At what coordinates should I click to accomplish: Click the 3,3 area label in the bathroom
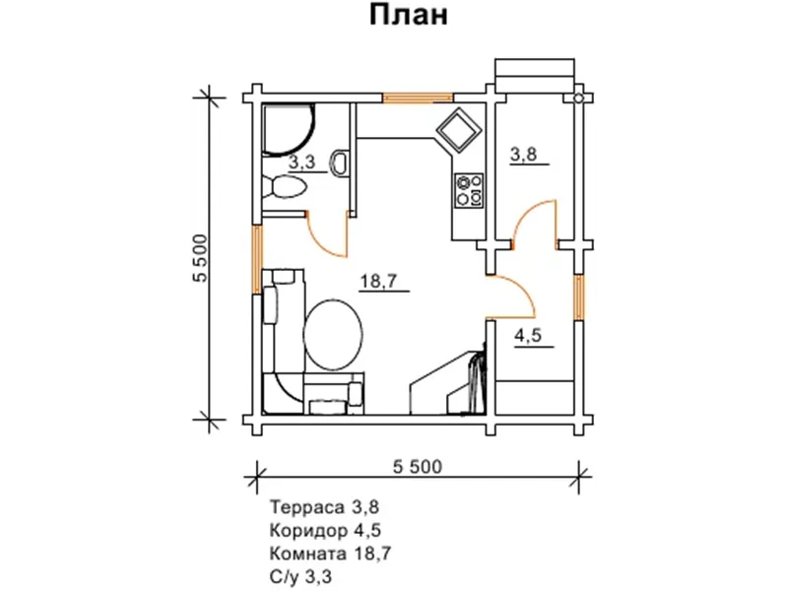pyautogui.click(x=301, y=163)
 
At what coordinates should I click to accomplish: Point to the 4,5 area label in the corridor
pyautogui.click(x=528, y=334)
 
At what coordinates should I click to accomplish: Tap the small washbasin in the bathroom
pyautogui.click(x=341, y=162)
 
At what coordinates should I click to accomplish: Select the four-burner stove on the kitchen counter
pyautogui.click(x=468, y=189)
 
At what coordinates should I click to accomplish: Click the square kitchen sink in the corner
pyautogui.click(x=458, y=130)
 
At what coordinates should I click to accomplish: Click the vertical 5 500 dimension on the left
pyautogui.click(x=200, y=258)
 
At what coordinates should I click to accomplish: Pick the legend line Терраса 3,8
pyautogui.click(x=323, y=508)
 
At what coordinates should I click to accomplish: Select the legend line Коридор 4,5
pyautogui.click(x=324, y=532)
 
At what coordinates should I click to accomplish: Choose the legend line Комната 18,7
pyautogui.click(x=329, y=555)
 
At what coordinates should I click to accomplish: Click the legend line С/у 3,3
pyautogui.click(x=300, y=577)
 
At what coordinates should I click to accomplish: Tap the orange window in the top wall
pyautogui.click(x=418, y=98)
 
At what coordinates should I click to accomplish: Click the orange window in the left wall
pyautogui.click(x=259, y=258)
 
